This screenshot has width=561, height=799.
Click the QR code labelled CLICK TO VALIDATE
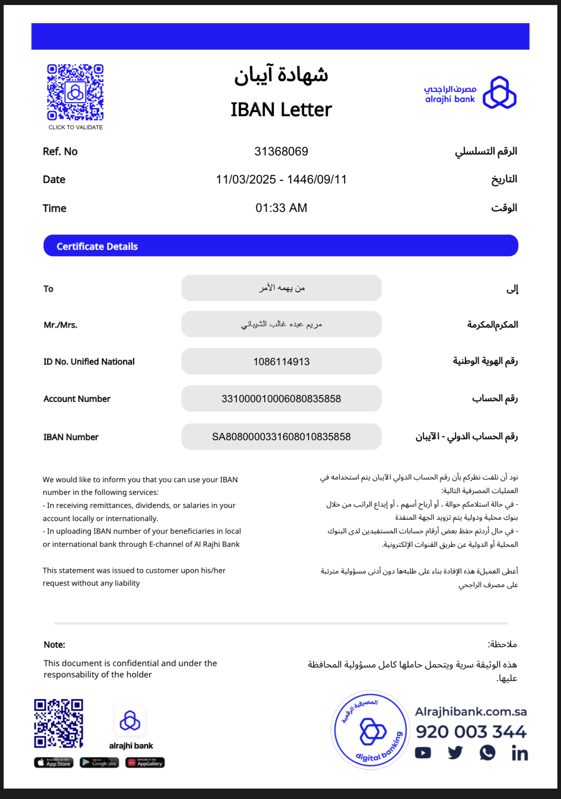pyautogui.click(x=75, y=92)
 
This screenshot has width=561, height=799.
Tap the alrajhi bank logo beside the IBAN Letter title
pyautogui.click(x=470, y=93)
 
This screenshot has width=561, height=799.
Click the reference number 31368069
pyautogui.click(x=281, y=151)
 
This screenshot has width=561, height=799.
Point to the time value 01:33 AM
pyautogui.click(x=281, y=208)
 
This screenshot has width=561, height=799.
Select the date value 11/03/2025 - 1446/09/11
pyautogui.click(x=281, y=179)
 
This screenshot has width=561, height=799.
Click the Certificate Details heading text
pyautogui.click(x=97, y=246)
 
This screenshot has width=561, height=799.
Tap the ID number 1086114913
pyautogui.click(x=281, y=362)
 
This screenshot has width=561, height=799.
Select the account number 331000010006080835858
pyautogui.click(x=281, y=399)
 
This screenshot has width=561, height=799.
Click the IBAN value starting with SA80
pyautogui.click(x=281, y=437)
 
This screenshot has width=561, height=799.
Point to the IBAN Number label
pyautogui.click(x=71, y=437)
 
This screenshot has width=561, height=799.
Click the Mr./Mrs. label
pyautogui.click(x=61, y=325)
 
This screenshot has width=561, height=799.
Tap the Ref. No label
pyautogui.click(x=60, y=151)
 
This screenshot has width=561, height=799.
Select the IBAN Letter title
pyautogui.click(x=281, y=110)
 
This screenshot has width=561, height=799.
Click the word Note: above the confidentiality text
pyautogui.click(x=54, y=645)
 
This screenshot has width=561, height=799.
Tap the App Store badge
pyautogui.click(x=53, y=763)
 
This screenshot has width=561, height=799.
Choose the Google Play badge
pyautogui.click(x=99, y=763)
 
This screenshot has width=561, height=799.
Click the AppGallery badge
pyautogui.click(x=145, y=763)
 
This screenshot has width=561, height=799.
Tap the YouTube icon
pyautogui.click(x=423, y=753)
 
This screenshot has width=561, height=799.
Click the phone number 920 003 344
pyautogui.click(x=471, y=732)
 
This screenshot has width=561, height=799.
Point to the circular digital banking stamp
pyautogui.click(x=370, y=730)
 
